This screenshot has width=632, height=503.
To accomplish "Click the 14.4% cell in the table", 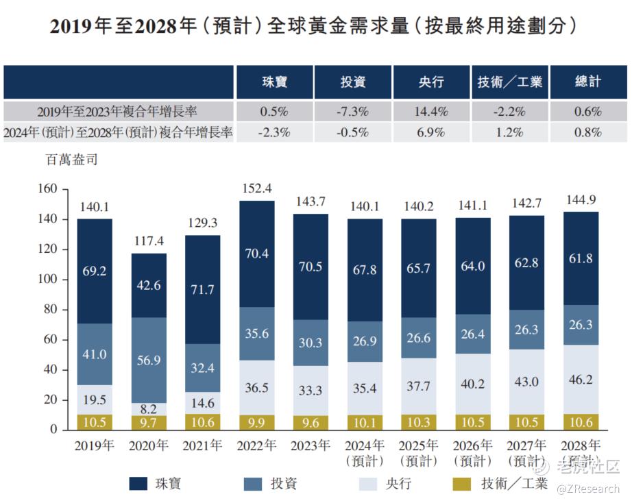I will [x=432, y=111].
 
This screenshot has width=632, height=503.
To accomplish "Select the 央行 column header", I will [x=432, y=82].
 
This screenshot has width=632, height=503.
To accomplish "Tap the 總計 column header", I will [x=588, y=82].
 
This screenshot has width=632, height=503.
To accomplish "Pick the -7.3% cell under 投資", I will [x=353, y=111].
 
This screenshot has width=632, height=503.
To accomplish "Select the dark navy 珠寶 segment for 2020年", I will [x=149, y=285].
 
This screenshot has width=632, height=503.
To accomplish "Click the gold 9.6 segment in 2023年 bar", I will [x=311, y=422].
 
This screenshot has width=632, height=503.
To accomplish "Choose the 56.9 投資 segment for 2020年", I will [x=149, y=360].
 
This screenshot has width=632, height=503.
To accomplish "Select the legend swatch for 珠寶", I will [x=138, y=484].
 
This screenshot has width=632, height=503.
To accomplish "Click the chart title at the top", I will [x=316, y=28].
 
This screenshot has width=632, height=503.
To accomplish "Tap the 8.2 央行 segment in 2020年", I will [x=149, y=408].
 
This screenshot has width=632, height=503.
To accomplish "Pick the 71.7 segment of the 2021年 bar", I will [x=202, y=289].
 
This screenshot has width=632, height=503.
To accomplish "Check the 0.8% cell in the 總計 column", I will [x=588, y=133].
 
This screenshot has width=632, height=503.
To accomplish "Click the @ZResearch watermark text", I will [x=587, y=489].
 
